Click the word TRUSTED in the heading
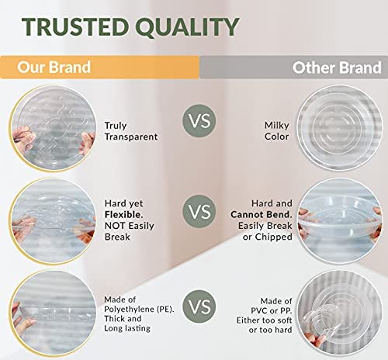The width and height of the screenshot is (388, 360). point(75,26)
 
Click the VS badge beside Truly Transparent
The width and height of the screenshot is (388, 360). point(199,121)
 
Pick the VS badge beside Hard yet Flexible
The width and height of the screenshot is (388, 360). point(199,211)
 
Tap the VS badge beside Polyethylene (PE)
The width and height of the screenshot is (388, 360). point(199,306)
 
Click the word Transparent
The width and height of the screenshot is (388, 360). point(131,137)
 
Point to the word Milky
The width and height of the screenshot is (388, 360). point(276,126)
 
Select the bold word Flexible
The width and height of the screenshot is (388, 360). point(124,214)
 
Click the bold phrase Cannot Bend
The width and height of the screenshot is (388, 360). point(262,214)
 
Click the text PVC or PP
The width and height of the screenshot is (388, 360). point(272,310)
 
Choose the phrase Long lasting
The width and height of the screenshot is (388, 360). point(127,328)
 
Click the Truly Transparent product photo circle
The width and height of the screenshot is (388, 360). point(53,129)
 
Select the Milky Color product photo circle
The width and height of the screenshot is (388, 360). point(340,128)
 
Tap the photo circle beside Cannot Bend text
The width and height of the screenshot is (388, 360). point(340,221)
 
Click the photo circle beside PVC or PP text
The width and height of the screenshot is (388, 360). point(340,313)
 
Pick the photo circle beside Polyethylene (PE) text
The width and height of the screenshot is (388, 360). point(53,313)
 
